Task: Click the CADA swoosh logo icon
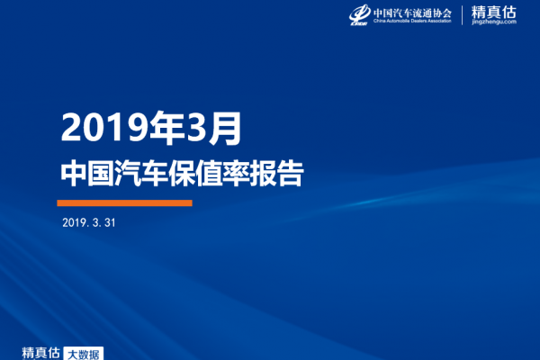(x=359, y=14)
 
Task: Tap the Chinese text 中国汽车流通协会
(x=412, y=13)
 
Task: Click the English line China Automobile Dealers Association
(x=412, y=21)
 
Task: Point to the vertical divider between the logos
(x=463, y=15)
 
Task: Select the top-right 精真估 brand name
(x=494, y=13)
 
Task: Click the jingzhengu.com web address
(x=494, y=22)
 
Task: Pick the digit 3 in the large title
(x=198, y=127)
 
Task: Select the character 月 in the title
(x=226, y=128)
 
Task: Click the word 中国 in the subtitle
(x=87, y=173)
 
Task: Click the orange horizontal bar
(x=125, y=202)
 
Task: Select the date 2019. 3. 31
(x=89, y=222)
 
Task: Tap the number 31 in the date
(x=110, y=222)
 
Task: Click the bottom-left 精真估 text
(x=40, y=353)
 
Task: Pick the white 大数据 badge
(x=84, y=354)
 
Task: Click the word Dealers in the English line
(x=420, y=21)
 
